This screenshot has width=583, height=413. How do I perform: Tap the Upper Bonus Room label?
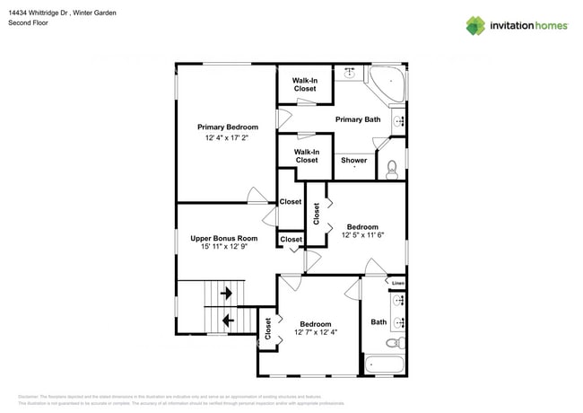223,239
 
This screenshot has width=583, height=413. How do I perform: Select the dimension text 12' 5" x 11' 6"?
362,235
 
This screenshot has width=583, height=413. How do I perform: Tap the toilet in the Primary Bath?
392,167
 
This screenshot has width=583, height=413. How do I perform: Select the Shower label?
353,161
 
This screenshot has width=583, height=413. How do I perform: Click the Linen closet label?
398,284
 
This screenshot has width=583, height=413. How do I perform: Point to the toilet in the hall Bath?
392,343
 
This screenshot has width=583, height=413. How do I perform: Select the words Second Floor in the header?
30,22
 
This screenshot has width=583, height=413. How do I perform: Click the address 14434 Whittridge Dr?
45,13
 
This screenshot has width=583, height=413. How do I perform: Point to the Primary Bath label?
359,119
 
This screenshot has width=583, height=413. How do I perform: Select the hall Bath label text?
379,321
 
